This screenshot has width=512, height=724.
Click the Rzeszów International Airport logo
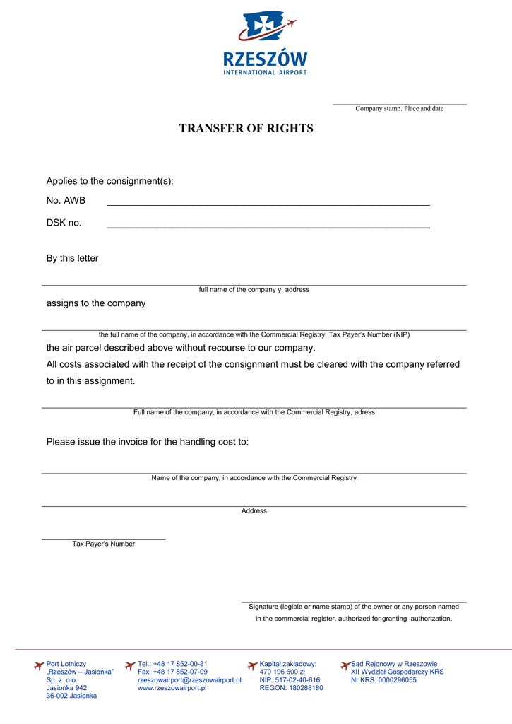266,43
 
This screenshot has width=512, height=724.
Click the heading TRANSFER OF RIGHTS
246,129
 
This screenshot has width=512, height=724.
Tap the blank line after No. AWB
268,204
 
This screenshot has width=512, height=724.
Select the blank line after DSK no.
268,227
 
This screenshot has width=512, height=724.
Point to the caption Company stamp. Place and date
399,109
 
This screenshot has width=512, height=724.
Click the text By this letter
72,259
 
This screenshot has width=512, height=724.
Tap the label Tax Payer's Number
103,544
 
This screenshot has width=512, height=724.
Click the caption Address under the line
254,510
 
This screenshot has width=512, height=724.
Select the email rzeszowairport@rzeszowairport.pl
189,680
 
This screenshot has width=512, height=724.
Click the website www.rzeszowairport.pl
172,688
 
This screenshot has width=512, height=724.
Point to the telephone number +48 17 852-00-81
180,664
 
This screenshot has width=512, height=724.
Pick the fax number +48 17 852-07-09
181,672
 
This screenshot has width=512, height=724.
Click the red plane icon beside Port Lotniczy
39,665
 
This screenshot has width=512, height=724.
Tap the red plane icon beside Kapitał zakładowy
252,665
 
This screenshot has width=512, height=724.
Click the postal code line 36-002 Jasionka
71,696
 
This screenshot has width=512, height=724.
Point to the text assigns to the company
96,303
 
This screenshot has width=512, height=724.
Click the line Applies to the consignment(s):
109,182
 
